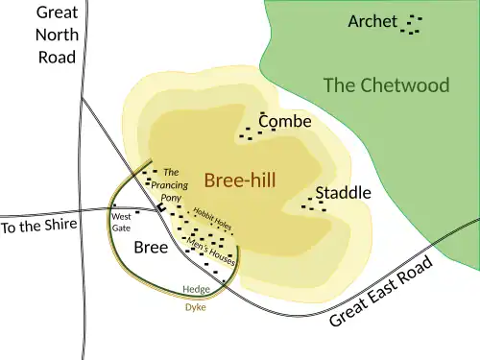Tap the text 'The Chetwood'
pyautogui.click(x=386, y=85)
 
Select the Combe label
pyautogui.click(x=285, y=122)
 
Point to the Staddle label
pyautogui.click(x=343, y=193)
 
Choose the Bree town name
pyautogui.click(x=151, y=247)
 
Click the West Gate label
pyautogui.click(x=121, y=223)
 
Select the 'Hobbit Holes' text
pyautogui.click(x=212, y=219)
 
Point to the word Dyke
pyautogui.click(x=195, y=308)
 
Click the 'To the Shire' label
pyautogui.click(x=36, y=228)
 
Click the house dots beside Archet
pyautogui.click(x=412, y=24)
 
